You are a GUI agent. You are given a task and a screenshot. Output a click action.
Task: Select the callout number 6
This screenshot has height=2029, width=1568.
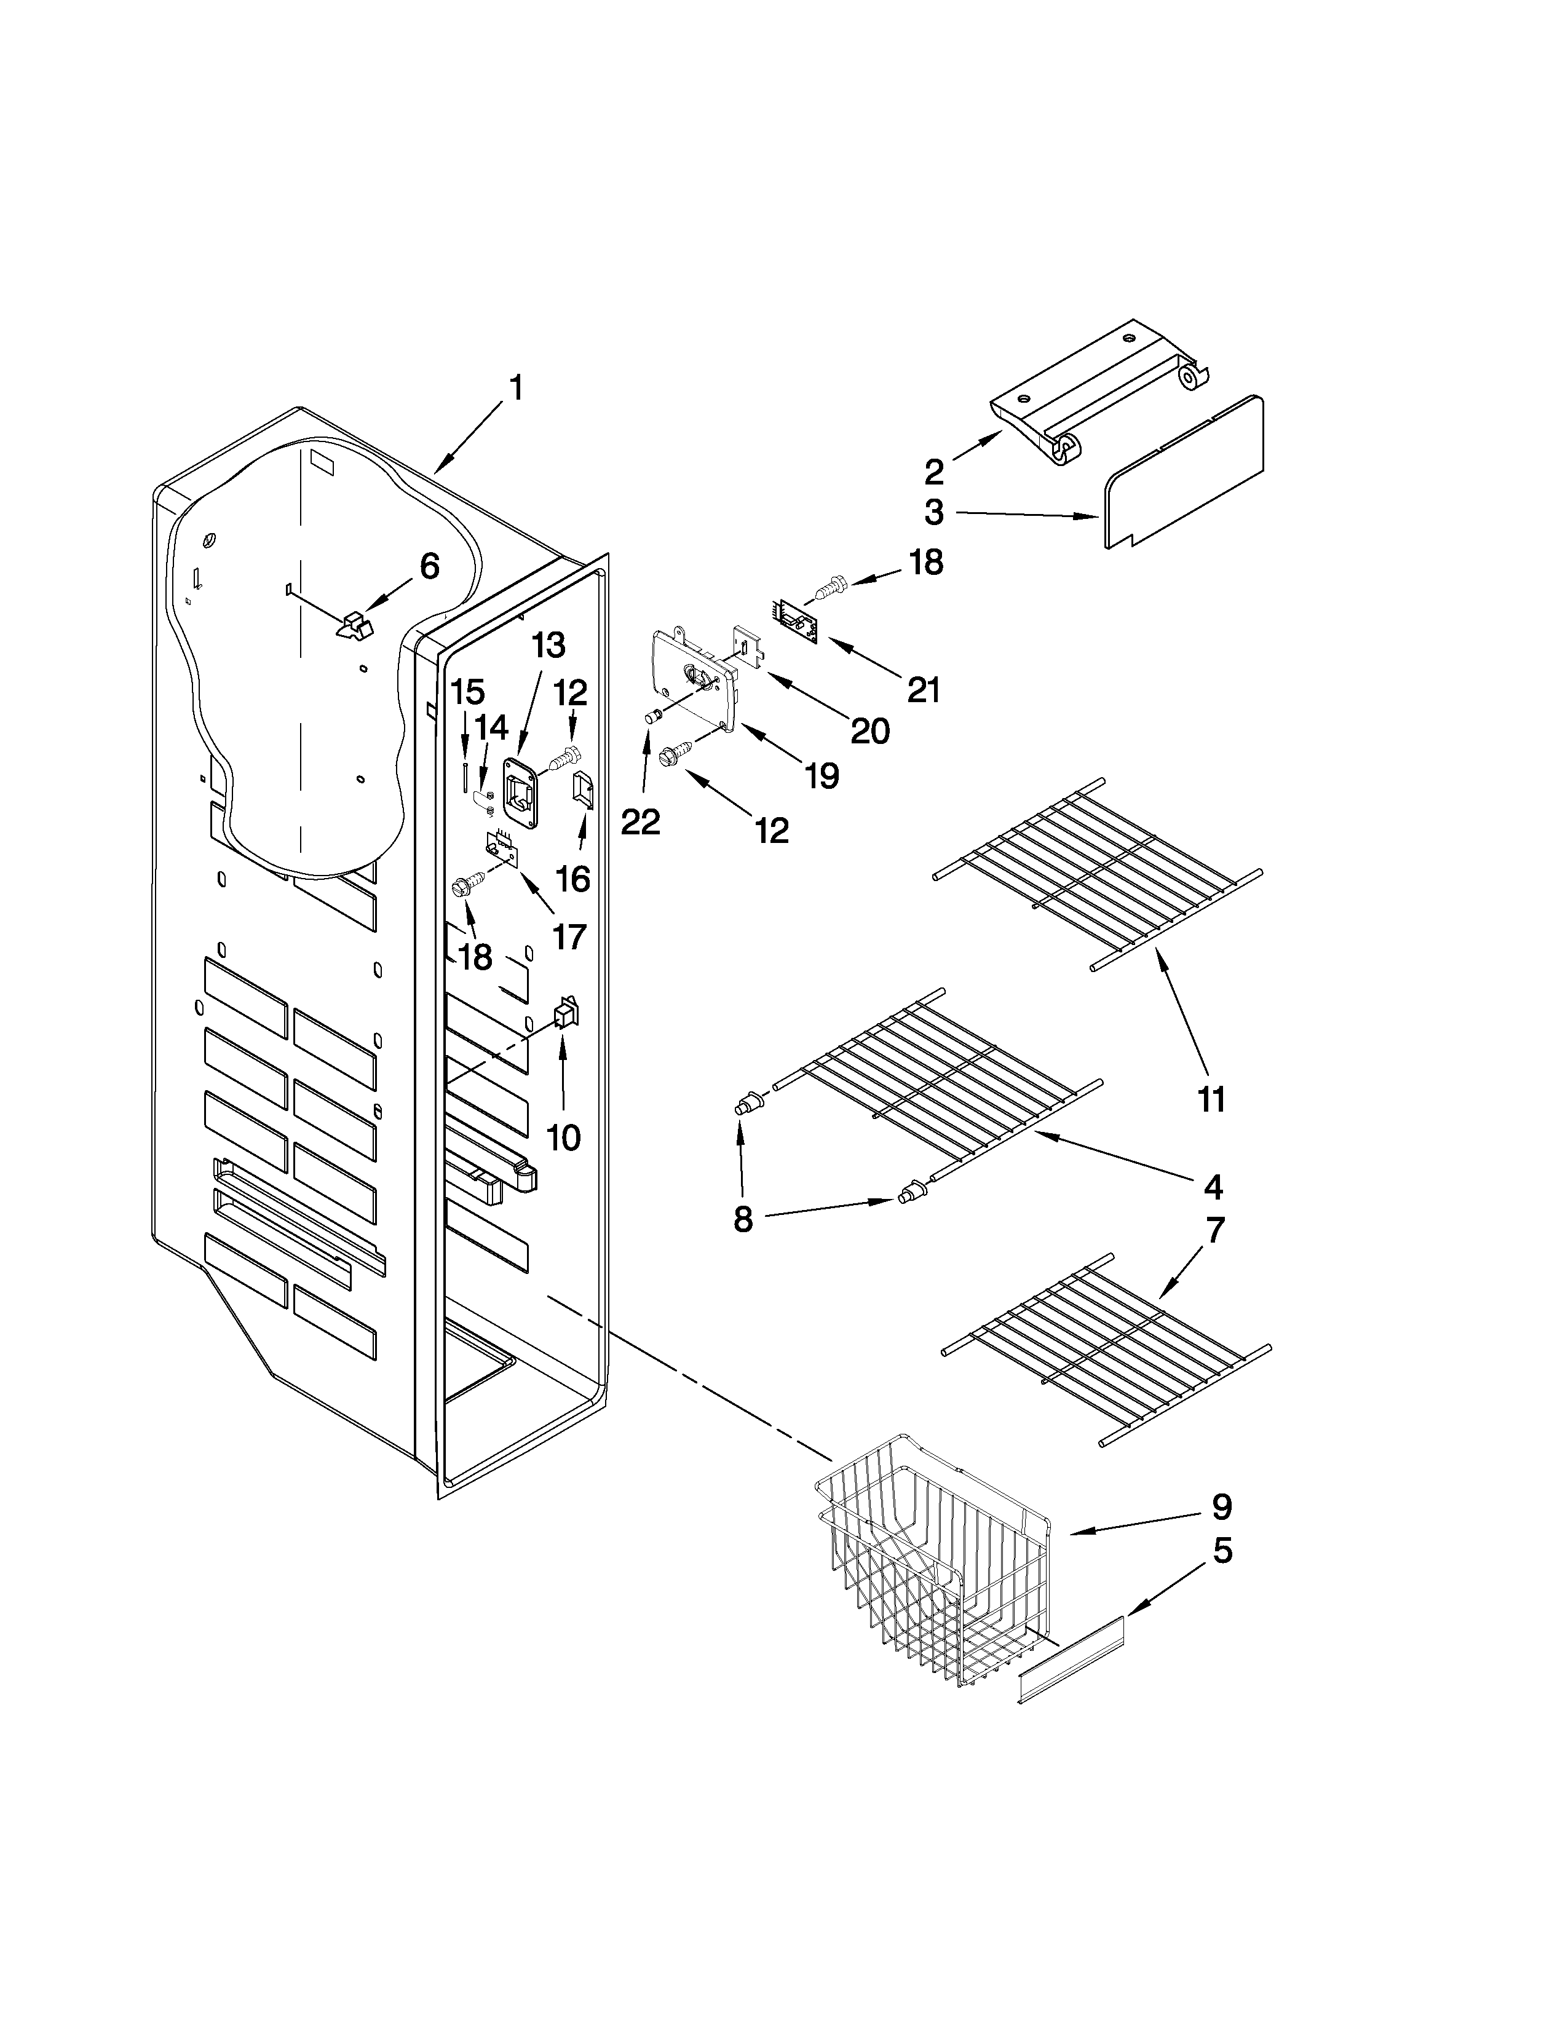pyautogui.click(x=429, y=566)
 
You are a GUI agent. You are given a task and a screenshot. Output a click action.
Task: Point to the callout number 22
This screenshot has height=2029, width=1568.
pyautogui.click(x=640, y=821)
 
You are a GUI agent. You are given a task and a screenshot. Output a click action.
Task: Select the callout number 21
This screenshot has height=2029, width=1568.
pyautogui.click(x=924, y=690)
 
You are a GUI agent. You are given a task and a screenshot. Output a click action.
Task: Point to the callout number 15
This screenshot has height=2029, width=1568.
pyautogui.click(x=467, y=692)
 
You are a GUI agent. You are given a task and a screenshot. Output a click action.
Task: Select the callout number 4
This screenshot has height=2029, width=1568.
pyautogui.click(x=1212, y=1187)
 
